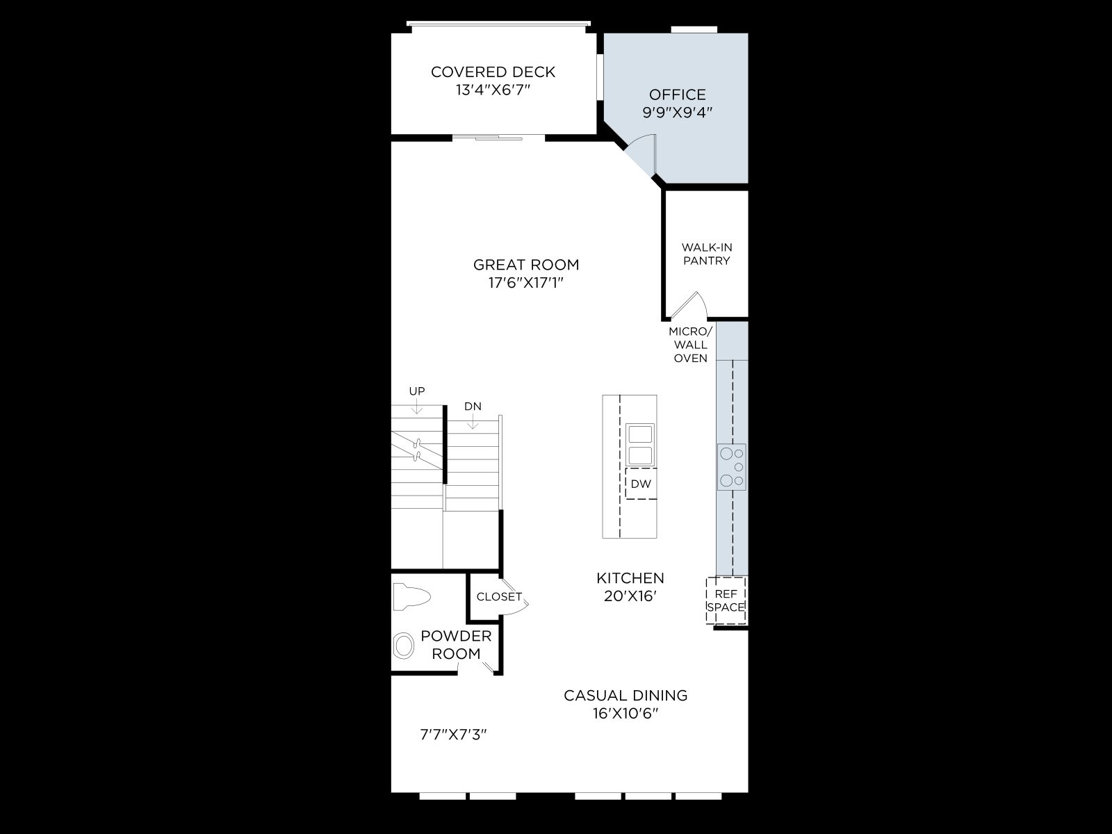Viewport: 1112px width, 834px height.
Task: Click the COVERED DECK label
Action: [x=493, y=72]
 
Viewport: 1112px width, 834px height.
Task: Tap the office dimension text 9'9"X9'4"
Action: [x=678, y=112]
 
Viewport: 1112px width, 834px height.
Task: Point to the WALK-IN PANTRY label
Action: [x=707, y=254]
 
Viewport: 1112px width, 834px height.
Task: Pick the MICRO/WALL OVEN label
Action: [x=691, y=345]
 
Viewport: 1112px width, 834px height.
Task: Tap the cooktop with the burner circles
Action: [x=732, y=467]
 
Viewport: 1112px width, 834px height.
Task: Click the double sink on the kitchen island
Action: [x=640, y=445]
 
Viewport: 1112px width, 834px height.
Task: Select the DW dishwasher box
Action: [x=641, y=484]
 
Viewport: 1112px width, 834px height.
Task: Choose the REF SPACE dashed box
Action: [x=726, y=600]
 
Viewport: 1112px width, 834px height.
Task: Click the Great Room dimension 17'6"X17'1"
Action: [x=526, y=283]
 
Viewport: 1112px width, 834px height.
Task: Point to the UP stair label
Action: [x=417, y=391]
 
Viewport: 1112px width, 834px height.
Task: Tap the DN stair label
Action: [x=473, y=406]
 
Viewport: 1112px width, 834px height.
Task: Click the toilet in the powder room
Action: [x=411, y=596]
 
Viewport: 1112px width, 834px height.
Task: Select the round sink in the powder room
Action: [x=404, y=646]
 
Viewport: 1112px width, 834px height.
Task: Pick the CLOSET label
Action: [x=499, y=596]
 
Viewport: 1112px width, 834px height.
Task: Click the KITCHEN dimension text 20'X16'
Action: [x=630, y=596]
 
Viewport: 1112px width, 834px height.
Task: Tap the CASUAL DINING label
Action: [x=625, y=695]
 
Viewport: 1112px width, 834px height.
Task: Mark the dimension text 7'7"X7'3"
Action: [x=453, y=734]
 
